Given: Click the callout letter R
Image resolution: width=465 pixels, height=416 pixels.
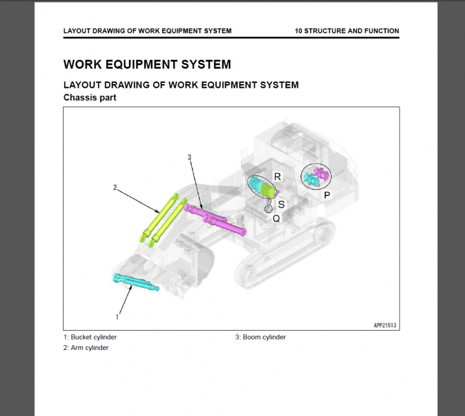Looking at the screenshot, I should click(277, 176).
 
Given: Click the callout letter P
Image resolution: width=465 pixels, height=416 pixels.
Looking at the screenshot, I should click(327, 195).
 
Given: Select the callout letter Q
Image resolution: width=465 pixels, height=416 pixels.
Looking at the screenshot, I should click(276, 219).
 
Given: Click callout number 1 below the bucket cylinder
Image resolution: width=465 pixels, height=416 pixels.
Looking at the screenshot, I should click(117, 316).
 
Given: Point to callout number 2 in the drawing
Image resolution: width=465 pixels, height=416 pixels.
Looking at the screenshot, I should click(115, 188).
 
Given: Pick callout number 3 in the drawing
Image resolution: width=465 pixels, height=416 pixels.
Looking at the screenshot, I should click(190, 157).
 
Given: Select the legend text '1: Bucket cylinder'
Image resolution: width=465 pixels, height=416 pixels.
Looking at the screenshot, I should click(90, 337).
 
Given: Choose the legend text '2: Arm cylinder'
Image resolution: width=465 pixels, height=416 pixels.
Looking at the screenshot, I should click(86, 348).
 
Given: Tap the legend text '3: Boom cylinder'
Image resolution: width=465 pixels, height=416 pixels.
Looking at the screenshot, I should click(260, 337).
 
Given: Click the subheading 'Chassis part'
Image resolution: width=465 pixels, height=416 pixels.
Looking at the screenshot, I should click(90, 97).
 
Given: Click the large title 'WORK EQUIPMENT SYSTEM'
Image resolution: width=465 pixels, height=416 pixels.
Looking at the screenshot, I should click(147, 64).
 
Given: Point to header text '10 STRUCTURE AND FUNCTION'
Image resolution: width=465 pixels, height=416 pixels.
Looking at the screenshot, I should click(346, 31).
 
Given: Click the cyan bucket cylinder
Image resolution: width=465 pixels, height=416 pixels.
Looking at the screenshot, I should click(136, 282).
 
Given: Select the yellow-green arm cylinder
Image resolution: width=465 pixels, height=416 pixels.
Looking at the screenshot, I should click(162, 218).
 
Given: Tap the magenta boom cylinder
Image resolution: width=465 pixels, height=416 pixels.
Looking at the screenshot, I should click(216, 220).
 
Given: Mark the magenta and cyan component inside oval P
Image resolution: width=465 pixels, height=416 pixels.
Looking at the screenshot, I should click(317, 176).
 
